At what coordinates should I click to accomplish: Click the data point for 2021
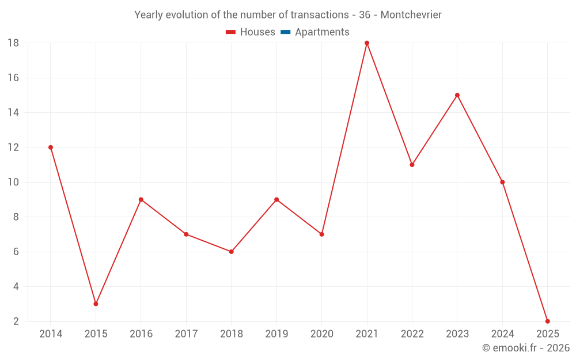coord(367,43)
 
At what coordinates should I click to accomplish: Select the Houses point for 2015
coord(96,304)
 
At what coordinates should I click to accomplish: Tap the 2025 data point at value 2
coord(547,321)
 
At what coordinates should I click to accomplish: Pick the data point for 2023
coord(457,95)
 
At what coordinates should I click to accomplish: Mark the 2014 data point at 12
coord(51,147)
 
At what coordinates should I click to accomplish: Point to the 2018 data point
coord(231,252)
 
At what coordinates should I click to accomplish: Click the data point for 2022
coord(412,165)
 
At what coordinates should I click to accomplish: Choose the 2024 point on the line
coord(502,182)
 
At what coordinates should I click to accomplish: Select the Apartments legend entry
coord(322,32)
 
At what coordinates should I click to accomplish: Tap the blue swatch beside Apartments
coord(285,32)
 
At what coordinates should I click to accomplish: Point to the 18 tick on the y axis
coord(13,43)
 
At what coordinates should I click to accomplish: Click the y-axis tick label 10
coord(13,182)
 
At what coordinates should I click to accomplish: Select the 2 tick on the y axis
coord(16,321)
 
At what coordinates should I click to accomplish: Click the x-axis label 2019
coord(276,334)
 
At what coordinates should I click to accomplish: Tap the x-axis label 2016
coord(141,334)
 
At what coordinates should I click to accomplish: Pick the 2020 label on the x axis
coord(321,334)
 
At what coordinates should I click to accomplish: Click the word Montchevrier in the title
coord(411,15)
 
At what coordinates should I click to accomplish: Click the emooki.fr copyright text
coord(526,348)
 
